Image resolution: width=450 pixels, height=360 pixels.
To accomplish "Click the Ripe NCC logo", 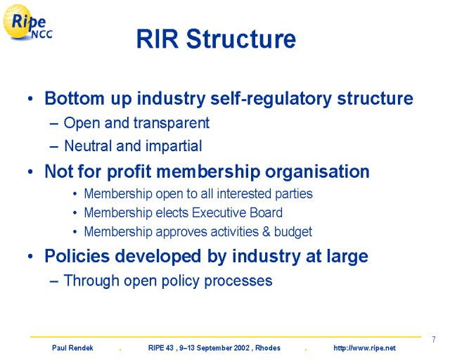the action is pyautogui.click(x=27, y=22).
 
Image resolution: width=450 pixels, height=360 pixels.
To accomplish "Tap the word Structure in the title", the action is pyautogui.click(x=241, y=39).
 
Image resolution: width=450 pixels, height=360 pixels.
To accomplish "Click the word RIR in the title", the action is pyautogui.click(x=157, y=39).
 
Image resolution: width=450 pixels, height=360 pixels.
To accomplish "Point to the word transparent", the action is pyautogui.click(x=172, y=124).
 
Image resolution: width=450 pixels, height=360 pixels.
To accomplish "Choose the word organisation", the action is pyautogui.click(x=317, y=172).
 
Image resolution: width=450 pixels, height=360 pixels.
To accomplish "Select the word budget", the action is pyautogui.click(x=293, y=232).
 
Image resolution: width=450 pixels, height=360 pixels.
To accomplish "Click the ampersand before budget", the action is pyautogui.click(x=266, y=231).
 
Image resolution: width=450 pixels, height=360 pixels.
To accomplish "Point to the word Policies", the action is pyautogui.click(x=77, y=256).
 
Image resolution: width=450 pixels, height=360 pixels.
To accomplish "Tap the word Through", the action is pyautogui.click(x=91, y=281).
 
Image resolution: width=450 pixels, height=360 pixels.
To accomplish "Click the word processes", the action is pyautogui.click(x=238, y=281).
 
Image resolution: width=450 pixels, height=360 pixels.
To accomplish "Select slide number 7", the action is pyautogui.click(x=434, y=340).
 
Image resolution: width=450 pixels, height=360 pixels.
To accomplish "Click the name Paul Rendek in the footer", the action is pyautogui.click(x=72, y=348).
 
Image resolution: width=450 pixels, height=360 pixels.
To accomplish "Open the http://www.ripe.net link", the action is pyautogui.click(x=364, y=348).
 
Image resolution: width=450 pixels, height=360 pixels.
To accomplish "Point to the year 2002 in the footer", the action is pyautogui.click(x=242, y=348).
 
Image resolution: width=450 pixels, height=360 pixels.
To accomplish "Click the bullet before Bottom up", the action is pyautogui.click(x=30, y=99).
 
